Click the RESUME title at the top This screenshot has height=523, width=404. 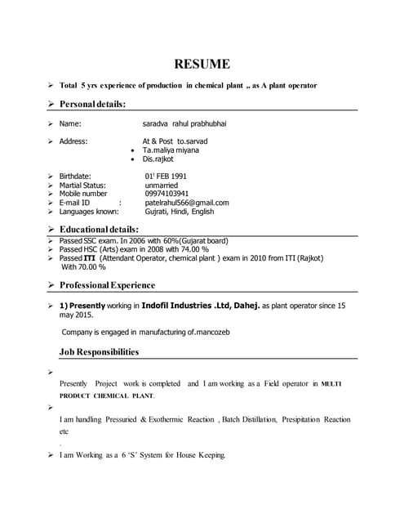click(201, 64)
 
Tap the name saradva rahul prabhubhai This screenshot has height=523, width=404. click(185, 123)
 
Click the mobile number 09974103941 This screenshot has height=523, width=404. click(166, 194)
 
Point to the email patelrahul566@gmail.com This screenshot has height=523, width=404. click(187, 203)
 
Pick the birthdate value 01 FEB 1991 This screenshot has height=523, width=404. click(166, 177)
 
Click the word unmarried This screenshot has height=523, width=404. click(162, 186)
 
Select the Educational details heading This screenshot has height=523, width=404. click(99, 229)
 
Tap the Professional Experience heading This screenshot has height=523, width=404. click(107, 285)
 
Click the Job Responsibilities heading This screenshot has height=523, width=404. click(99, 352)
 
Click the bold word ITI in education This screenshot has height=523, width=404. click(90, 258)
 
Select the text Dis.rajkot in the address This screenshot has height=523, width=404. click(158, 159)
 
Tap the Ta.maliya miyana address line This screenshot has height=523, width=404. click(171, 150)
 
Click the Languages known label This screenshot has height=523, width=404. click(94, 212)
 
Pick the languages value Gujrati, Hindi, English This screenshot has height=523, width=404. click(180, 212)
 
